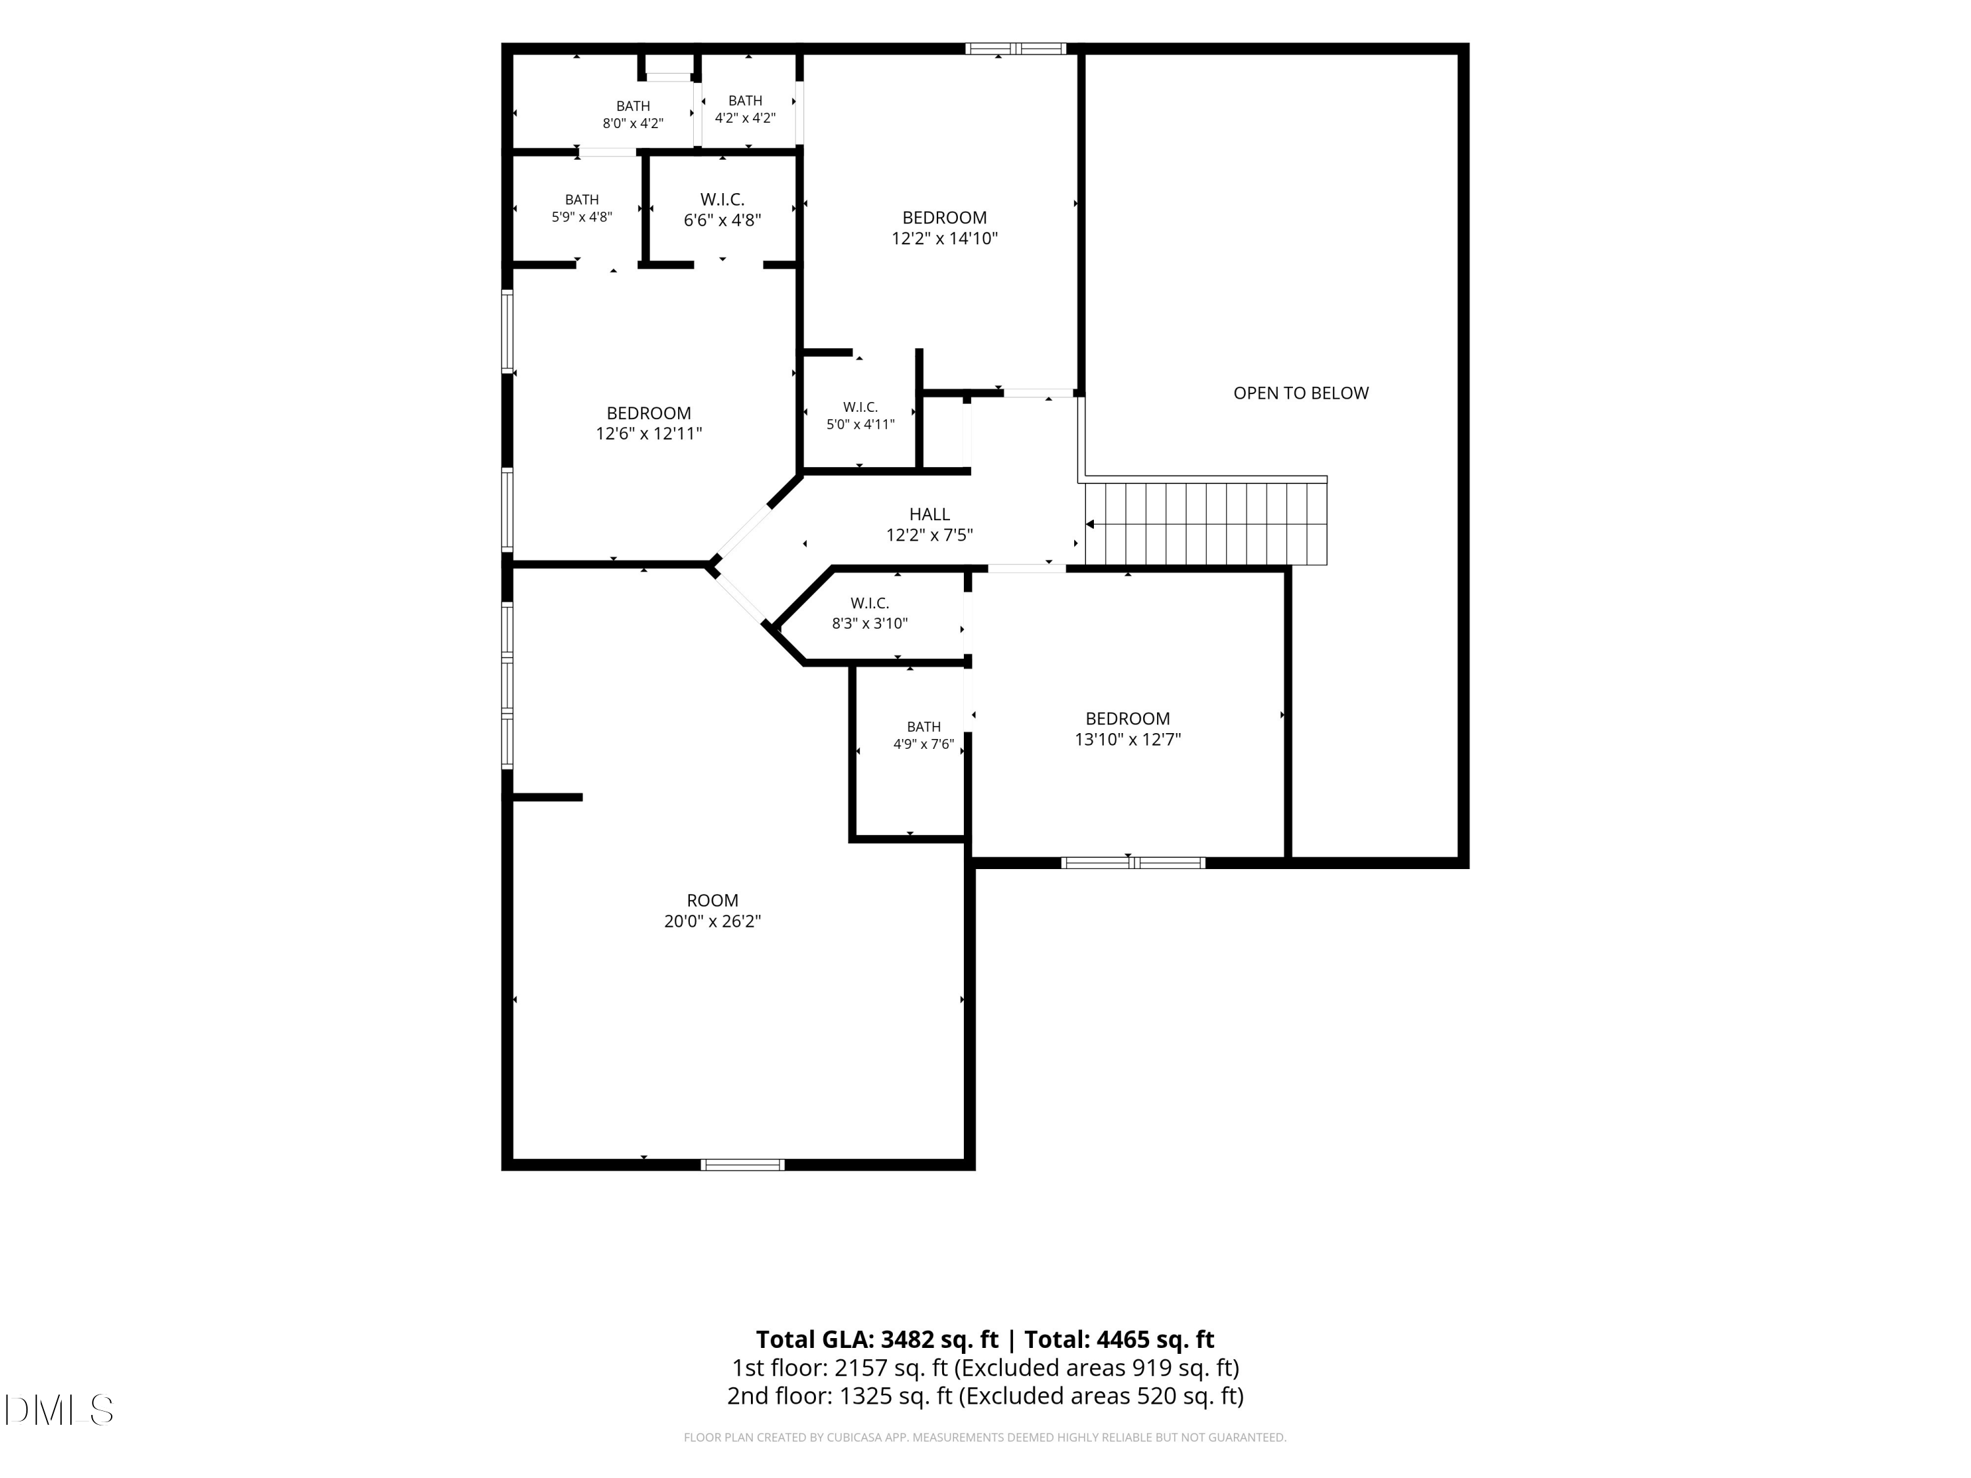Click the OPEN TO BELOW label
click(1300, 393)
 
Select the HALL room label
click(930, 514)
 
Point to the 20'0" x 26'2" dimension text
click(712, 921)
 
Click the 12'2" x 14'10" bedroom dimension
click(945, 238)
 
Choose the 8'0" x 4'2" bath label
click(633, 115)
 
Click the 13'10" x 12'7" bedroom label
click(1127, 728)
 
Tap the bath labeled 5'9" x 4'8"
click(582, 208)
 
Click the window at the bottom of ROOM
click(742, 1165)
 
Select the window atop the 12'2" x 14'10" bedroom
click(1016, 49)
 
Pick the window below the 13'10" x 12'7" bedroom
click(1133, 862)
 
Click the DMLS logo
click(59, 1410)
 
